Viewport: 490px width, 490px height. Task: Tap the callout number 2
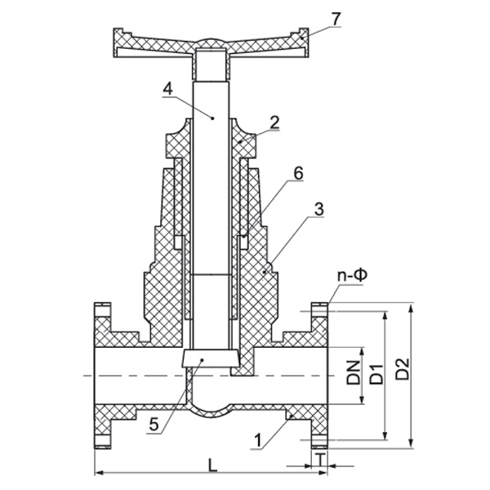pos(275,122)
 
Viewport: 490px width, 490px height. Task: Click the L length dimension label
pos(212,466)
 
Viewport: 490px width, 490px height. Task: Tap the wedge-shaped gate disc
pos(210,359)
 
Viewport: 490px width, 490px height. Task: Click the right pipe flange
pos(319,376)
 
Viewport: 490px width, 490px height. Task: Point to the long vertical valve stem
pos(210,204)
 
